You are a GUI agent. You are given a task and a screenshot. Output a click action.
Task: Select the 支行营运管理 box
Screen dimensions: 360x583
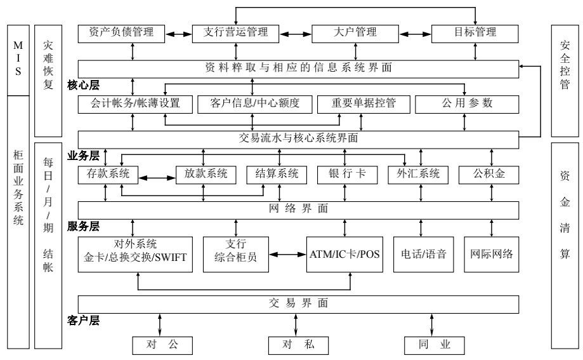pyautogui.click(x=237, y=33)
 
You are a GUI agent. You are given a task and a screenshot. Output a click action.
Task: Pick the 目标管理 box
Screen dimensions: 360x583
pyautogui.click(x=473, y=33)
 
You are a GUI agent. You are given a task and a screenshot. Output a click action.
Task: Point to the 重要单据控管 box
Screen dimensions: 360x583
pyautogui.click(x=364, y=104)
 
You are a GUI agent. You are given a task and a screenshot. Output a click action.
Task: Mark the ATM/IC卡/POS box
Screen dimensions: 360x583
pyautogui.click(x=345, y=254)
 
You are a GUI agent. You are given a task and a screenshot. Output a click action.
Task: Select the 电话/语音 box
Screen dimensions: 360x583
pyautogui.click(x=424, y=254)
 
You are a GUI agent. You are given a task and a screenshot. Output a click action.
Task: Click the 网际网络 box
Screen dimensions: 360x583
pyautogui.click(x=492, y=254)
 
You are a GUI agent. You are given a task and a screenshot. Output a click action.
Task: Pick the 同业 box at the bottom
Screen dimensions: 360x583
pyautogui.click(x=435, y=345)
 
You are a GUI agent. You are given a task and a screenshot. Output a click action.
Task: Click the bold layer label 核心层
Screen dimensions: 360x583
pyautogui.click(x=83, y=84)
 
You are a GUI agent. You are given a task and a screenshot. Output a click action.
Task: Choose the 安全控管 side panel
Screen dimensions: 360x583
pyautogui.click(x=564, y=81)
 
